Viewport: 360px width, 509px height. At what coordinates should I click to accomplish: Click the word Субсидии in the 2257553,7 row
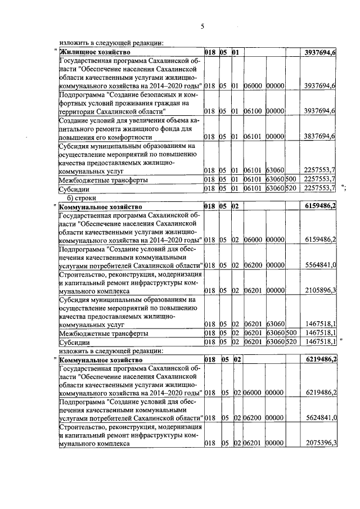pyautogui.click(x=75, y=188)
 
